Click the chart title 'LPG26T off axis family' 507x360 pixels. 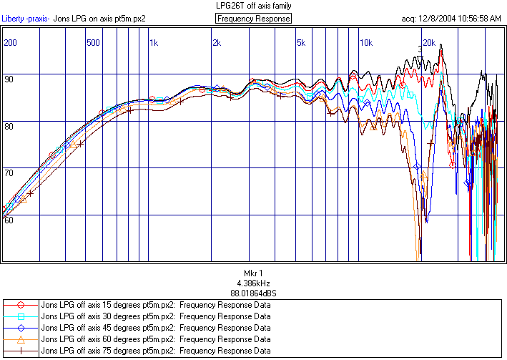click(x=254, y=6)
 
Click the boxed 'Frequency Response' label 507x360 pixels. click(x=254, y=19)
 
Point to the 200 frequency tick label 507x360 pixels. click(x=10, y=43)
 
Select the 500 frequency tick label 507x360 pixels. click(x=93, y=43)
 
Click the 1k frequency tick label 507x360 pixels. click(x=154, y=43)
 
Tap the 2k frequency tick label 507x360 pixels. click(x=217, y=43)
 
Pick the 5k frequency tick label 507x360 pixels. click(x=300, y=43)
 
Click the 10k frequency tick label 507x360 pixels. click(x=365, y=43)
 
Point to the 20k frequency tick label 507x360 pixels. click(x=428, y=43)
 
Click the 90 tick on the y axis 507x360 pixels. click(x=9, y=79)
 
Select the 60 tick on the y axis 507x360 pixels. click(x=9, y=220)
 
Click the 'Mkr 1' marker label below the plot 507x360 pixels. click(x=254, y=273)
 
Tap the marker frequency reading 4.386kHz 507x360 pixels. click(x=254, y=283)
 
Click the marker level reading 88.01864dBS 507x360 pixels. click(x=254, y=293)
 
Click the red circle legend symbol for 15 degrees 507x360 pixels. click(x=21, y=304)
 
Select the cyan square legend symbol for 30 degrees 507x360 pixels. click(x=21, y=316)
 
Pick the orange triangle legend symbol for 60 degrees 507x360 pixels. click(x=21, y=339)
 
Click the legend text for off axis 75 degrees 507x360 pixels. click(x=156, y=351)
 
